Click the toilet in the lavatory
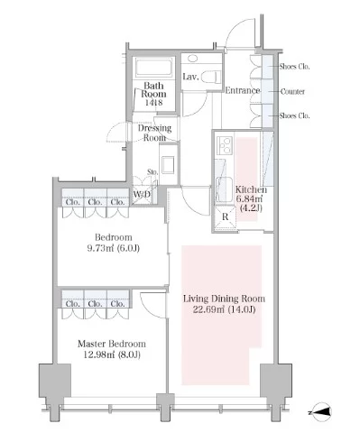(211, 77)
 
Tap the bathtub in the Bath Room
(153, 68)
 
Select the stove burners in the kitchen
(224, 145)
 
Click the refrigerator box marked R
(226, 217)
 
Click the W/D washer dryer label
(142, 194)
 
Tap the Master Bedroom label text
(112, 344)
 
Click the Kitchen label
(251, 189)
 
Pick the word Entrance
(243, 90)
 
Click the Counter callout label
(292, 91)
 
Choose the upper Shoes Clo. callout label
(294, 66)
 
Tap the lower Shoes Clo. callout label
(294, 115)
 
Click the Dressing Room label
(154, 133)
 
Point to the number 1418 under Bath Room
(153, 103)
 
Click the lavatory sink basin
(192, 59)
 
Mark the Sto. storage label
(152, 172)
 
